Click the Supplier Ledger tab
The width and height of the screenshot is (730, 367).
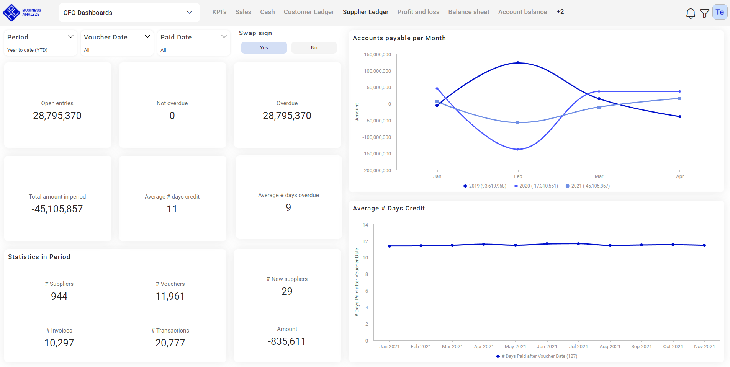click(x=365, y=12)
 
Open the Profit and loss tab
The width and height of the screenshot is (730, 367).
click(x=418, y=12)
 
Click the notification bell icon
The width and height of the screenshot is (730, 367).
click(x=690, y=13)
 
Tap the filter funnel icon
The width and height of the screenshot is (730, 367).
click(x=704, y=13)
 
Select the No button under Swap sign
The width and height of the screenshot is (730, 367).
click(x=314, y=48)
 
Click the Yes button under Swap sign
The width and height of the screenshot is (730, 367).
click(x=264, y=48)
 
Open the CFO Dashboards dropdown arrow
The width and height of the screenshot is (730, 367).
click(x=189, y=12)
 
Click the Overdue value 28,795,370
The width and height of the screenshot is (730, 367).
click(x=287, y=116)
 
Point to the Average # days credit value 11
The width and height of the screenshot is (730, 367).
click(x=172, y=209)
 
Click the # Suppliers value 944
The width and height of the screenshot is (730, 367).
click(x=59, y=296)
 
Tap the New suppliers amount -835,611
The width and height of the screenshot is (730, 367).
click(x=287, y=341)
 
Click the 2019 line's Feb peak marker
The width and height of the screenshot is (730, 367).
click(x=518, y=63)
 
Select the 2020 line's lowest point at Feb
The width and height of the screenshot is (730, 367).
click(x=518, y=149)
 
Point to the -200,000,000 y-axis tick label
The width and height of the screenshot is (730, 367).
click(x=377, y=170)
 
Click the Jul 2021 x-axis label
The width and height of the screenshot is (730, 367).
click(x=578, y=347)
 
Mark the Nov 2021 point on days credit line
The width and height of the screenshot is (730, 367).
click(x=704, y=245)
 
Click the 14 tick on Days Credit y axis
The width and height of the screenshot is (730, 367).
click(x=365, y=225)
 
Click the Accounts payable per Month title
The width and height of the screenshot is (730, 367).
click(x=399, y=38)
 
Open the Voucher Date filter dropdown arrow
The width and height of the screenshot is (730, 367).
click(x=147, y=36)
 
